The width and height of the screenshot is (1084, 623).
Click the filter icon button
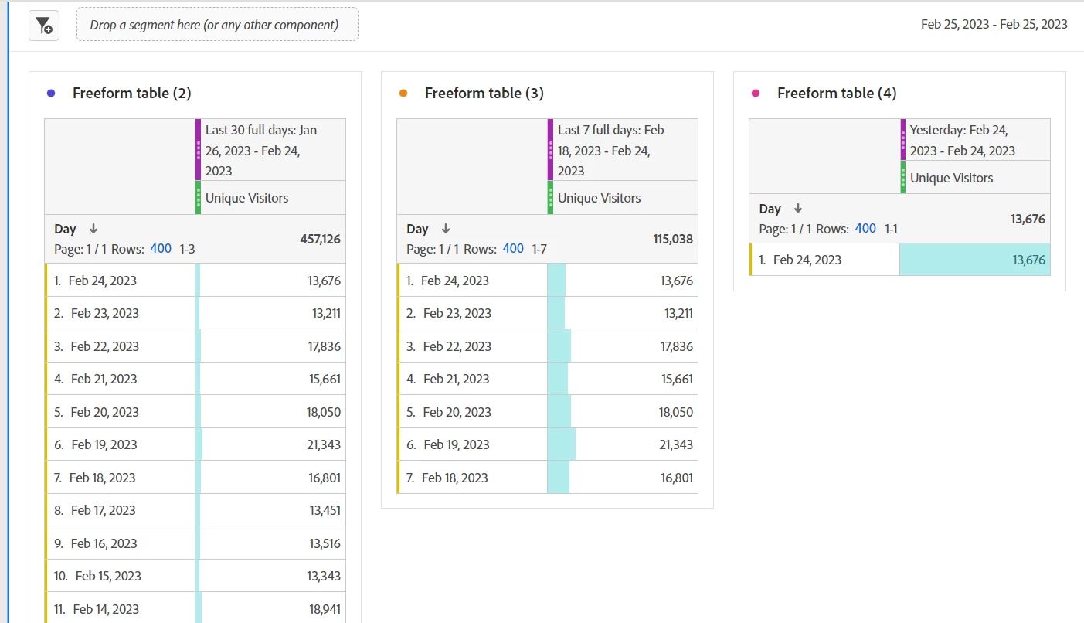click(x=44, y=26)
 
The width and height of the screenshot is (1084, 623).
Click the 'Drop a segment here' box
click(x=216, y=25)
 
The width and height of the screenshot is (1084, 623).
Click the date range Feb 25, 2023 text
click(x=994, y=24)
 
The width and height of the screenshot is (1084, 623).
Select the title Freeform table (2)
click(x=131, y=93)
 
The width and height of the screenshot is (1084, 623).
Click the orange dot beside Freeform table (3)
click(x=403, y=93)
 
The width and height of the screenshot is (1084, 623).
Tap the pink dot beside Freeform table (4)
click(x=756, y=93)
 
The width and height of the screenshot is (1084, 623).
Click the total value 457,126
click(x=320, y=239)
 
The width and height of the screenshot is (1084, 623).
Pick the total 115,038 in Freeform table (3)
click(x=672, y=239)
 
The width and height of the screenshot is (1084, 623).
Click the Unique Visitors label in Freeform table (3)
click(x=599, y=198)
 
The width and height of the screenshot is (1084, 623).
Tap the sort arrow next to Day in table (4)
click(x=798, y=209)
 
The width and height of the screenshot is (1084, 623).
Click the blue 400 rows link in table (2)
click(x=161, y=249)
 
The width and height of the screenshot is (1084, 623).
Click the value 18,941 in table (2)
click(x=325, y=609)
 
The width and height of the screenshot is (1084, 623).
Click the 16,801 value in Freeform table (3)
click(x=676, y=478)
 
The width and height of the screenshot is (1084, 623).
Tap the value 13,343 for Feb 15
click(x=325, y=576)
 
